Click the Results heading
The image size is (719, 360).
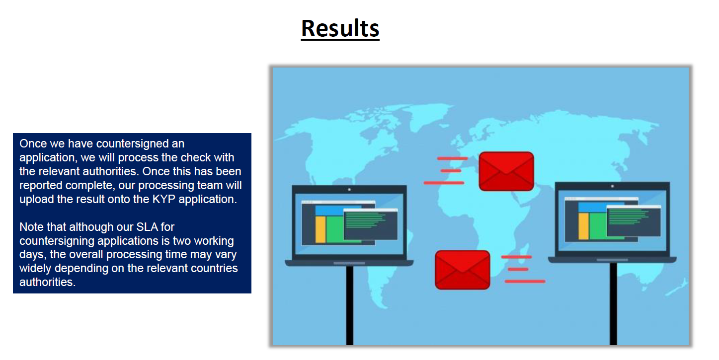(340, 28)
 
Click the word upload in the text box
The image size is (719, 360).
(36, 199)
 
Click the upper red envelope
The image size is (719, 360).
(506, 171)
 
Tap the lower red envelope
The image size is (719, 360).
(462, 270)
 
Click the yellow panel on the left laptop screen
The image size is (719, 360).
(320, 229)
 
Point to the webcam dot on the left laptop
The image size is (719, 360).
(349, 189)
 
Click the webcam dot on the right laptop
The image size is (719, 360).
(612, 186)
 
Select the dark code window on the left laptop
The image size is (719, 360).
(370, 224)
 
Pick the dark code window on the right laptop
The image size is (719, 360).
(634, 221)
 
